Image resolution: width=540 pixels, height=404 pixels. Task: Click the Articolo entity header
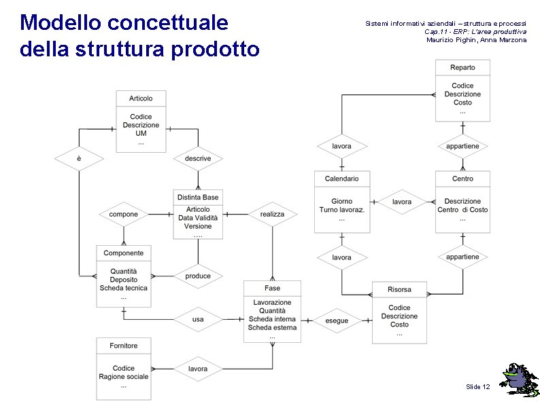pos(141,98)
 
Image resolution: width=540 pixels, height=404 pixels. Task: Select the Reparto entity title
pos(462,67)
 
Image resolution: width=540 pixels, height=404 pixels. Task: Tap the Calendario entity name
pos(341,179)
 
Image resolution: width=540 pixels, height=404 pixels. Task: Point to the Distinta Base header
pos(198,197)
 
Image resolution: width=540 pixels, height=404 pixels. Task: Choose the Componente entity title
pos(123,253)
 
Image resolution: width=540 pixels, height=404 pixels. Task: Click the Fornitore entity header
pos(123,346)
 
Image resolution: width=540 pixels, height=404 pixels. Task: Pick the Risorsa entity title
pos(399,289)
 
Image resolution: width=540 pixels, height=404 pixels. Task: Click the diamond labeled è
pos(79,158)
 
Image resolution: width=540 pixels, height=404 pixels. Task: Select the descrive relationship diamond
pos(198,158)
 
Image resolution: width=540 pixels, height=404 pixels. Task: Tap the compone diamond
pos(123,214)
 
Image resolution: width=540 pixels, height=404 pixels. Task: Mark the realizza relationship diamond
pos(272,214)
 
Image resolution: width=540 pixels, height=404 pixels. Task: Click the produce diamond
pos(198,276)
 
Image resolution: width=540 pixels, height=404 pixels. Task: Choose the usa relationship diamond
pos(198,318)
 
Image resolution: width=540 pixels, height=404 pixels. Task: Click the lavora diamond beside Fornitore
pos(198,369)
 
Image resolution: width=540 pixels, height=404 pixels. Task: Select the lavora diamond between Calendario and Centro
pos(402,202)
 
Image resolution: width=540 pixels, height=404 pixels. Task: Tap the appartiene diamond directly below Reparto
pos(462,146)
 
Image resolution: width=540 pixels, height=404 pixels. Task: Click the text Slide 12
pos(477,386)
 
